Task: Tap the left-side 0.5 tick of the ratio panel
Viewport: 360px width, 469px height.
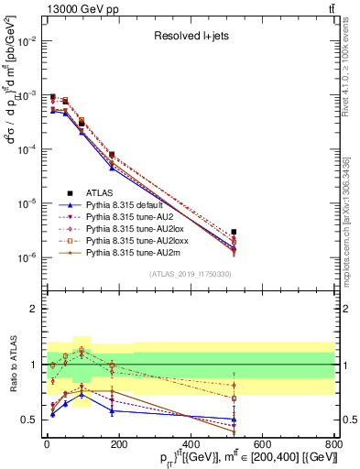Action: tap(30, 420)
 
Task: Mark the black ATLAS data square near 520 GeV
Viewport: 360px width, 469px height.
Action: tap(234, 232)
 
